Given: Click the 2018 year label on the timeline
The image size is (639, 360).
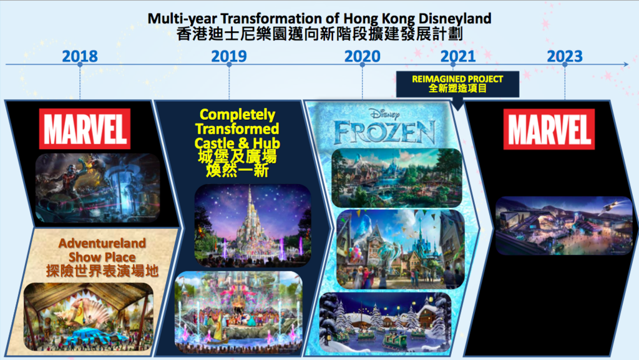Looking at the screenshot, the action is (80, 56).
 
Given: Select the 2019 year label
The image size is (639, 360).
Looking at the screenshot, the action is (229, 56).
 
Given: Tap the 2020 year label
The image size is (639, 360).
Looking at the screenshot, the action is (363, 56).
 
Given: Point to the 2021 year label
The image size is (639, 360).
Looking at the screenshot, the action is (458, 56).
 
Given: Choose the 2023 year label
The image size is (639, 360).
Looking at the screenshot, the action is (565, 56).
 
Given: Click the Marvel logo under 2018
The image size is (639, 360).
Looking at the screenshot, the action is (85, 129).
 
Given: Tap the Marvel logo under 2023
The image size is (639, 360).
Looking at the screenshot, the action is (549, 129).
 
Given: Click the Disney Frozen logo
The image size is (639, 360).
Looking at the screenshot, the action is (384, 127).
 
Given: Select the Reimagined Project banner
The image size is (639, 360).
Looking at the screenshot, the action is (457, 84).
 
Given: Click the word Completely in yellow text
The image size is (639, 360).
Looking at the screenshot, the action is (237, 114).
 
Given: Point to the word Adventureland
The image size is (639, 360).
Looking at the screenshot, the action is (102, 243).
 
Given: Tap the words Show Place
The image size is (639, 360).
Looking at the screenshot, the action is (102, 258).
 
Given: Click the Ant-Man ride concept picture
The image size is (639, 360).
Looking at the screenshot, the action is (98, 188).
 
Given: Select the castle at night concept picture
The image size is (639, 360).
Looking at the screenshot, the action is (253, 225).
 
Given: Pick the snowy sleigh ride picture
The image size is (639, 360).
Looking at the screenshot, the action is (386, 322).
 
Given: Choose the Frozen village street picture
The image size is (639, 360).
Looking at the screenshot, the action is (401, 249).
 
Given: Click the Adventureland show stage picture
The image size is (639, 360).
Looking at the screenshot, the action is (89, 317).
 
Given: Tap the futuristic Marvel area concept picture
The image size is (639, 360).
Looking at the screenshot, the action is (564, 226).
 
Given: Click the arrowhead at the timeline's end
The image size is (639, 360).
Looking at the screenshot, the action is (627, 64).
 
